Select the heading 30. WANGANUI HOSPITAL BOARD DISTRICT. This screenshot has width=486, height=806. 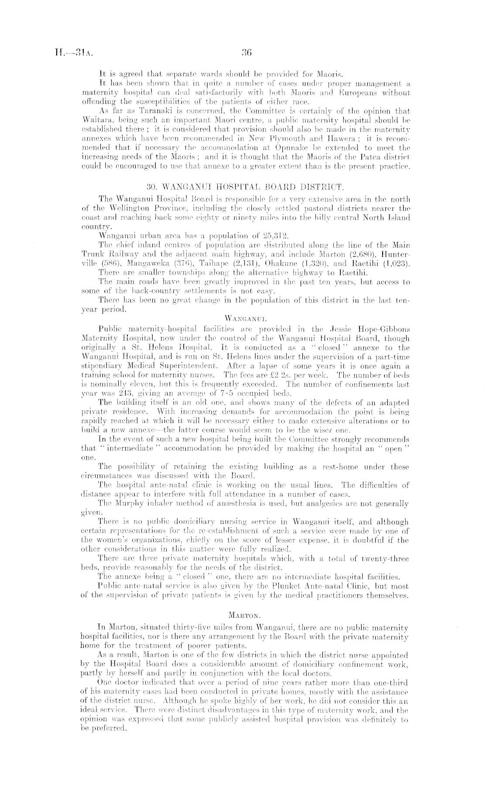pos(246,187)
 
